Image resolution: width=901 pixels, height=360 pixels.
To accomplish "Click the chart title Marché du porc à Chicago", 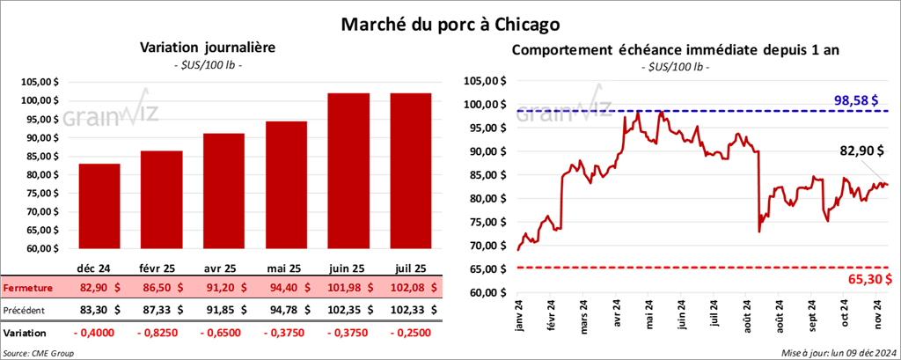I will (450, 20).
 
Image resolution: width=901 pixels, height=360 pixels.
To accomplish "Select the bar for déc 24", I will (99, 207).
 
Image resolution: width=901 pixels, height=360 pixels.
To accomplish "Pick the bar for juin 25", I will (348, 172).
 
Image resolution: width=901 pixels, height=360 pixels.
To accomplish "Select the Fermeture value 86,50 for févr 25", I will (161, 288).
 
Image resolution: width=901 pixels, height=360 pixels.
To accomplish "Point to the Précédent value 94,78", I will (287, 310).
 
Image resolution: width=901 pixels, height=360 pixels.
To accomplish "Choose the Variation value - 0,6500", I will (223, 334).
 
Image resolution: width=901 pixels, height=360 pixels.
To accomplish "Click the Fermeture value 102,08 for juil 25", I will (411, 288).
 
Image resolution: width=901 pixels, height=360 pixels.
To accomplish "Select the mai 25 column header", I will (286, 266).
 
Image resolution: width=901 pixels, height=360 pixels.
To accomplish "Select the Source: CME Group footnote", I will (39, 353).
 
